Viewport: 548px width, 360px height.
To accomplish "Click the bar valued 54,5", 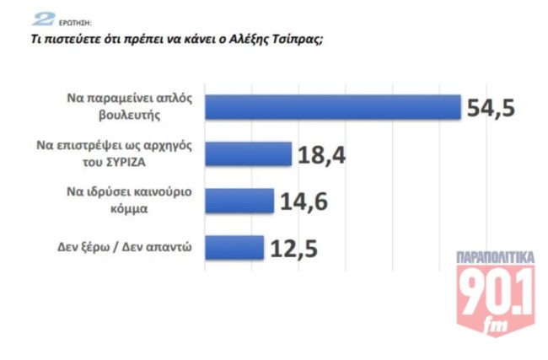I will tap(334, 107).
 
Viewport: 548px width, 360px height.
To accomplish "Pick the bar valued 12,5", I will tap(235, 247).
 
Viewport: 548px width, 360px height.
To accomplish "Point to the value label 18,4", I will tap(321, 155).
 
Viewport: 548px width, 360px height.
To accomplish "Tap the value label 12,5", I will tap(294, 249).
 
